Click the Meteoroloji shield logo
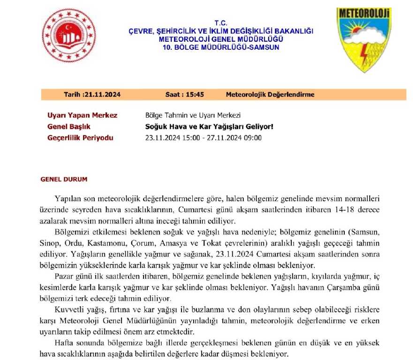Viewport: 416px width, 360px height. click(364, 39)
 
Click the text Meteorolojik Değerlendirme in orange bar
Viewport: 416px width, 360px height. click(270, 95)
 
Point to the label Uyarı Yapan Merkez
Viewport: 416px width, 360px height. click(83, 115)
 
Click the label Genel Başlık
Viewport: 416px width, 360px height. click(69, 127)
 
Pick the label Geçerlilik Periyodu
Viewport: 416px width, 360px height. click(81, 138)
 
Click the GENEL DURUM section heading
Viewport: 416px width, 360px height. click(64, 180)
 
